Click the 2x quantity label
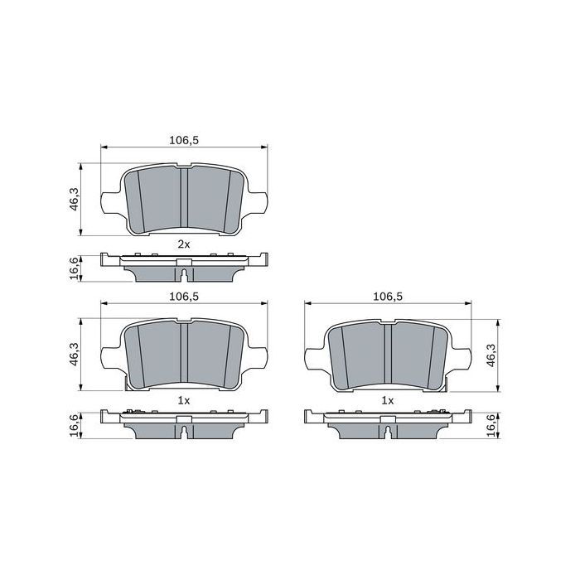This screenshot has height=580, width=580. [183, 244]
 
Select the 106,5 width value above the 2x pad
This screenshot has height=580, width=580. [184, 140]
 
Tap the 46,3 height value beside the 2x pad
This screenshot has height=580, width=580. [75, 199]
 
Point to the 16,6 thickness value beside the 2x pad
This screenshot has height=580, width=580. [75, 268]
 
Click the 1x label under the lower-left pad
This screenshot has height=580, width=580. [183, 400]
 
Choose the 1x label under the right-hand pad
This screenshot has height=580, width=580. [387, 400]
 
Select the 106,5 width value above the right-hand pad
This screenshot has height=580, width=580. [388, 297]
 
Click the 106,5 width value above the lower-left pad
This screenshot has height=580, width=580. [184, 297]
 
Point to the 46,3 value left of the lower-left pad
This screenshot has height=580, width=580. [75, 355]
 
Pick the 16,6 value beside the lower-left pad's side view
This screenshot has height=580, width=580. [75, 424]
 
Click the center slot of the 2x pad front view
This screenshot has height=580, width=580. [184, 197]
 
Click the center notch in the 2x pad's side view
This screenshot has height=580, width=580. [184, 272]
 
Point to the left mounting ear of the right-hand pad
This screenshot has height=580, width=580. [313, 358]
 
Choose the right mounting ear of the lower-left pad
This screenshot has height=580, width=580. [259, 358]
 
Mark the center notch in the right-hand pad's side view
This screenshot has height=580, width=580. [388, 428]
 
